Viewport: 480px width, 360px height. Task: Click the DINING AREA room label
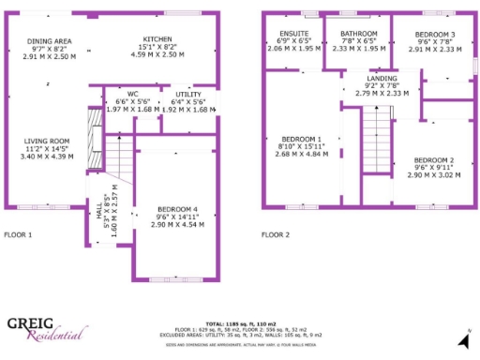[49, 41]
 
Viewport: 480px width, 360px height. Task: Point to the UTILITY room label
[175, 94]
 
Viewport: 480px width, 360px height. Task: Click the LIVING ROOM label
[47, 142]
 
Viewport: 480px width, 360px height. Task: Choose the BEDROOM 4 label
[176, 208]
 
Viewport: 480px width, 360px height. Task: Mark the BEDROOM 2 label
[433, 159]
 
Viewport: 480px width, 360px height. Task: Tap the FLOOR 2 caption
[275, 234]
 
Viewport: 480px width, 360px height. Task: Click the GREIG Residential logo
[46, 328]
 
